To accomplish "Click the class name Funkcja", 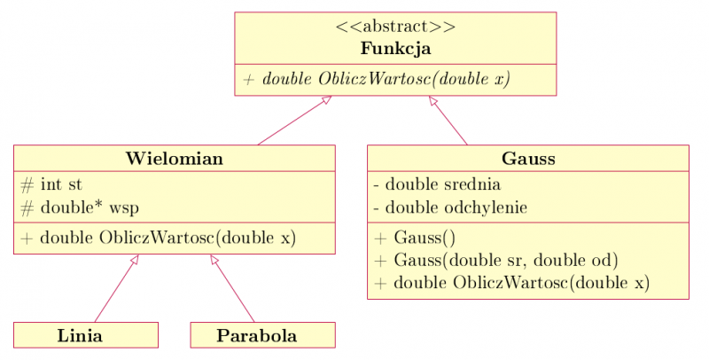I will tap(395, 48).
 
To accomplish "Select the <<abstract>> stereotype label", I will tap(395, 27).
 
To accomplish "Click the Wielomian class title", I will tap(175, 159).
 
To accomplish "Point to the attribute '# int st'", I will tap(50, 185).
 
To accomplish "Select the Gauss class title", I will tap(528, 159).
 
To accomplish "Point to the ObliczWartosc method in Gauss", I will tap(512, 283).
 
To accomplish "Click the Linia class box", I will tap(86, 335).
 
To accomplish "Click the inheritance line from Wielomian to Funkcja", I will tap(292, 121).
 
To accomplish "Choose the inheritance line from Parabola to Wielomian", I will tap(233, 289).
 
